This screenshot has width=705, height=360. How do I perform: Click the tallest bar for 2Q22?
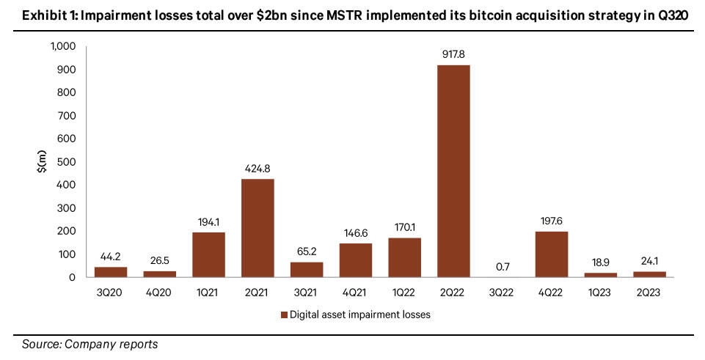[x=453, y=171]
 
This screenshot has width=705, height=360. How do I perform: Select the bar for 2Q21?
[x=257, y=228]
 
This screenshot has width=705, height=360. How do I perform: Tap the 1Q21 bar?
[x=208, y=254]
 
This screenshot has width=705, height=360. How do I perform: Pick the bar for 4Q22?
[x=551, y=254]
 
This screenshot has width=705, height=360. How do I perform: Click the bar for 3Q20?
[x=111, y=271]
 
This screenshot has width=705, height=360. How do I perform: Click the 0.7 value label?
[x=503, y=267]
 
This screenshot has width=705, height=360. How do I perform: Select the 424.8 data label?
[x=257, y=170]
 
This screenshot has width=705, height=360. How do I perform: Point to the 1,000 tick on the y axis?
[x=62, y=47]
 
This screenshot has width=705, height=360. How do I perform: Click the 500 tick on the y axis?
[x=66, y=162]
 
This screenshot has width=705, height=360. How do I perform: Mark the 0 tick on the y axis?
[x=72, y=277]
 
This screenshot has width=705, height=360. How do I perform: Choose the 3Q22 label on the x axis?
[x=503, y=291]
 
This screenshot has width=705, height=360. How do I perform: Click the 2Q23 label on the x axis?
[x=649, y=291]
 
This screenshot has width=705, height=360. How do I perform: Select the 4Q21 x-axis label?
[x=355, y=291]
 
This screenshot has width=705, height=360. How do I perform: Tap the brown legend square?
[x=282, y=315]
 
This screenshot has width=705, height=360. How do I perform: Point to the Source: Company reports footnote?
[x=90, y=343]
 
